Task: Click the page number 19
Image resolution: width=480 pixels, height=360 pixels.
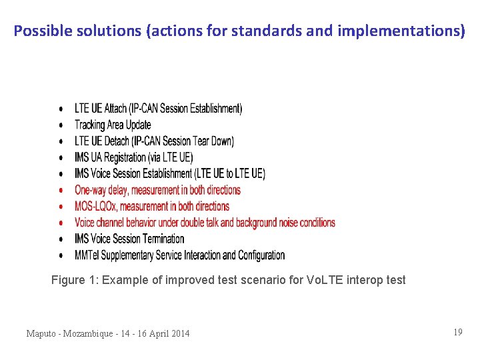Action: (457, 332)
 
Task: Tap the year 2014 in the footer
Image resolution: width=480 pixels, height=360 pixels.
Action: (178, 333)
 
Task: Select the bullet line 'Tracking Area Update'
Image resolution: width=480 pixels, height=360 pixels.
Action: (113, 125)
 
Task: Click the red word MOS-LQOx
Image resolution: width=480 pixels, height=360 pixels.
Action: (96, 206)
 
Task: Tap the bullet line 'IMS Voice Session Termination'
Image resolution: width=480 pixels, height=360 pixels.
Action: (129, 239)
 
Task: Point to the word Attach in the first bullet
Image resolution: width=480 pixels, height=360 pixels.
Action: (115, 108)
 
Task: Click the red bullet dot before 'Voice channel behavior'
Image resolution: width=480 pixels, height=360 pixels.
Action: (61, 223)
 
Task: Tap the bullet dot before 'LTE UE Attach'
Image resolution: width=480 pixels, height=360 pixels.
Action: (61, 109)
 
